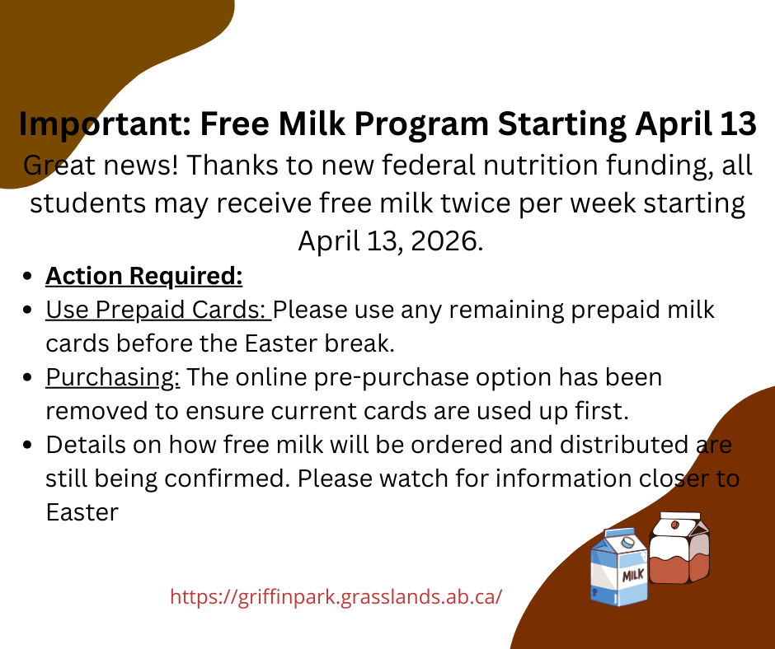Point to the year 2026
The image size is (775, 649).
coord(441,241)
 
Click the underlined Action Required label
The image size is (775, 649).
coord(144,276)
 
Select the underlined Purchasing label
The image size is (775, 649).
coord(113,378)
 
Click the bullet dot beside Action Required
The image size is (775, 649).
coord(30,277)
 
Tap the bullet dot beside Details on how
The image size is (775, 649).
coord(30,446)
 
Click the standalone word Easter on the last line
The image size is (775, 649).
coord(82,512)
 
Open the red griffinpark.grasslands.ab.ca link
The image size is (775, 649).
coord(336,596)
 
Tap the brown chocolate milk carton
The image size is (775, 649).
coord(679,549)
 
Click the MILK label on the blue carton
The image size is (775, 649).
coord(633,575)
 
